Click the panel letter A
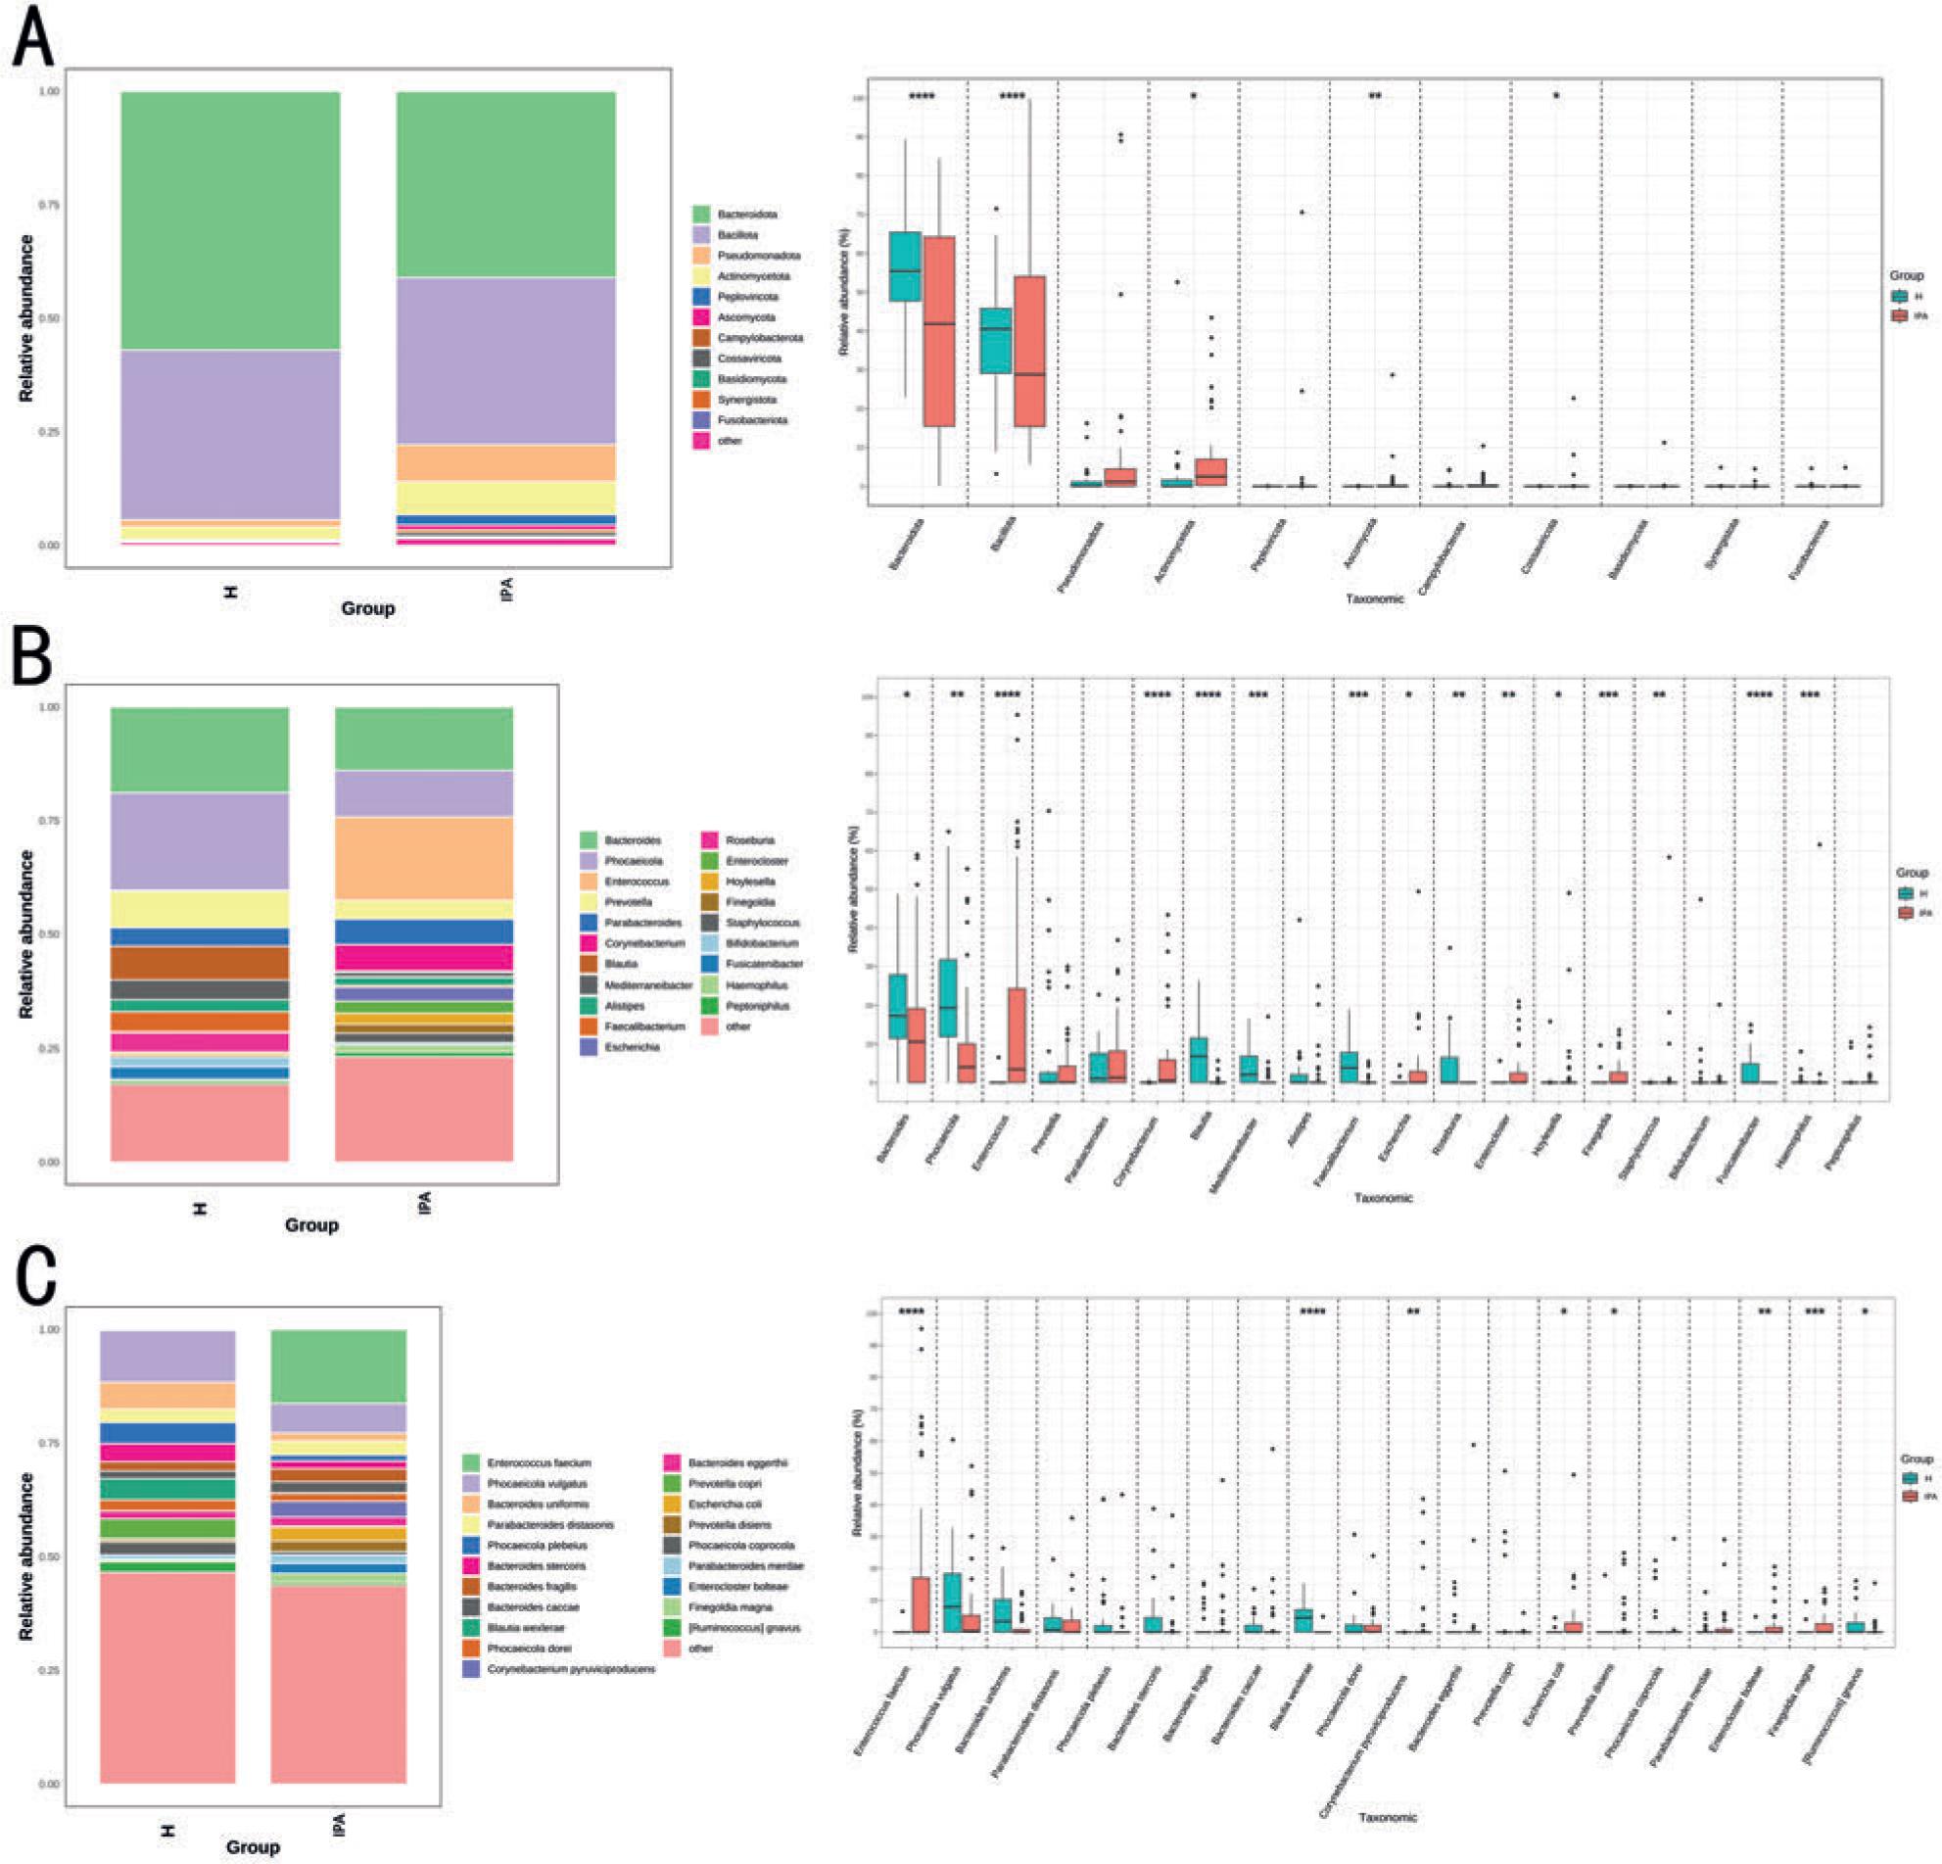pos(32,37)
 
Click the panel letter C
pos(36,1277)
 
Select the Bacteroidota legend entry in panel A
pos(746,215)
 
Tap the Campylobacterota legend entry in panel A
pos(759,338)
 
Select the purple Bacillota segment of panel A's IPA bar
pos(505,360)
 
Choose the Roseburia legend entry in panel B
pos(749,839)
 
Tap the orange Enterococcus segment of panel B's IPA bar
pos(423,857)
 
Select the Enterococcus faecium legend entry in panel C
pos(538,1462)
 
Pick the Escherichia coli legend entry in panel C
pos(725,1505)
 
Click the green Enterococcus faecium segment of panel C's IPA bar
pos(338,1366)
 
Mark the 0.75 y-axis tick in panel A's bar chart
pos(49,205)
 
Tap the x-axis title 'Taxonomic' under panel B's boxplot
pos(1383,1198)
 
